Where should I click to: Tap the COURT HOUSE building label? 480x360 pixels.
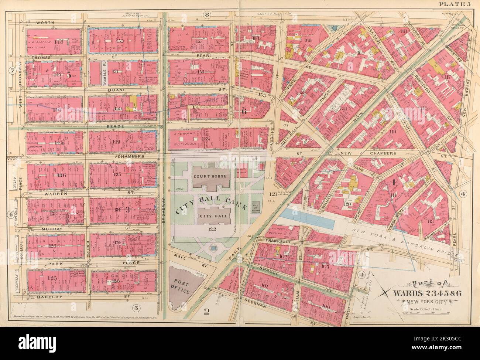tap(209, 176)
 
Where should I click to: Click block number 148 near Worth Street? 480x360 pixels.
tap(59, 42)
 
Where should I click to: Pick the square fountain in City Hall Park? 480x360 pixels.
tap(213, 248)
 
